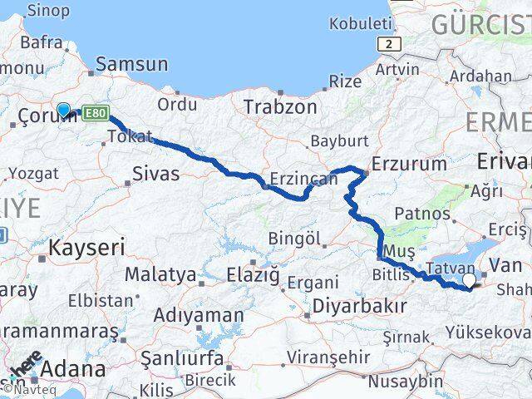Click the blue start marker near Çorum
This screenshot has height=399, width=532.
click(x=63, y=110)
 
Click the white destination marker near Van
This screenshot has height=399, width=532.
click(x=470, y=282)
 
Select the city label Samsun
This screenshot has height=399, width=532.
click(x=131, y=64)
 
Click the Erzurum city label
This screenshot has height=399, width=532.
click(x=409, y=164)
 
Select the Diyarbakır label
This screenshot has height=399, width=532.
click(x=359, y=306)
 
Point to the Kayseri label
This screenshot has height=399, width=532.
click(x=86, y=246)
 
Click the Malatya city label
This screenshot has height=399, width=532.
click(x=160, y=273)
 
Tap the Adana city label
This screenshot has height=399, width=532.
click(x=73, y=367)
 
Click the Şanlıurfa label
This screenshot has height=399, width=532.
click(x=181, y=358)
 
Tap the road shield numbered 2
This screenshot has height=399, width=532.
click(x=384, y=43)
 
